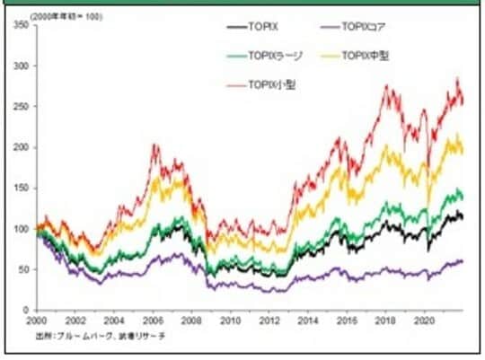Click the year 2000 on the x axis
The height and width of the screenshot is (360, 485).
tap(37, 320)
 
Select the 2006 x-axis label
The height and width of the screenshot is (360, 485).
tap(154, 320)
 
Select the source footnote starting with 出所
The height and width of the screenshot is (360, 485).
tap(99, 335)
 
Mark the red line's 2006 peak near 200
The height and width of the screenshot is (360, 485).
tap(154, 145)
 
